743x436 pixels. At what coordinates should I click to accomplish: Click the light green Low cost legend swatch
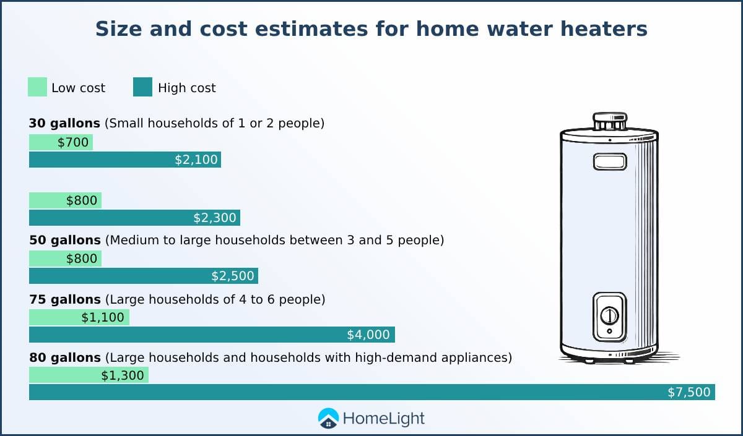[37, 87]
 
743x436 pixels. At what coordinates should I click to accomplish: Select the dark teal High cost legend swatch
[142, 87]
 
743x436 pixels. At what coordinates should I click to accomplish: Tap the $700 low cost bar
[61, 142]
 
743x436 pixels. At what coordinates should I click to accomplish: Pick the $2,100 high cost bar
[125, 160]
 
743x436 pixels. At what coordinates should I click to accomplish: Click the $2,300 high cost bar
[135, 218]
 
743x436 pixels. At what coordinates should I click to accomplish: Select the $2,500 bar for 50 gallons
[144, 276]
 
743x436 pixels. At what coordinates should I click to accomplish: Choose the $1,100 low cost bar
[79, 317]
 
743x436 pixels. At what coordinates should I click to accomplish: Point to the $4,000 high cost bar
[212, 335]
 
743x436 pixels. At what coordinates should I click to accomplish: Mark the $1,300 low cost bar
[89, 375]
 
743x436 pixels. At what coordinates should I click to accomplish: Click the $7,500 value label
[689, 392]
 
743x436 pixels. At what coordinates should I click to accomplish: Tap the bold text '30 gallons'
[64, 123]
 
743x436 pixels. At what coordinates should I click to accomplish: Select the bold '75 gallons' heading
[64, 299]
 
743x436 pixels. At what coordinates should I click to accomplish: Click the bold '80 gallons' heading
[64, 358]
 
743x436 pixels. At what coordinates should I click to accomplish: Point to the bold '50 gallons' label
[64, 240]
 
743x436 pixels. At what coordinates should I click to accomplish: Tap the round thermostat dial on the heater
[610, 315]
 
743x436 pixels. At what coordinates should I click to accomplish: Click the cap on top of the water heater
[610, 121]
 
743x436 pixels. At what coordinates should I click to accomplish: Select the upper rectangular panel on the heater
[610, 161]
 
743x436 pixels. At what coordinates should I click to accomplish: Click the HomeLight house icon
[328, 418]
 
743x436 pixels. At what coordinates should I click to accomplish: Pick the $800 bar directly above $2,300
[66, 200]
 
